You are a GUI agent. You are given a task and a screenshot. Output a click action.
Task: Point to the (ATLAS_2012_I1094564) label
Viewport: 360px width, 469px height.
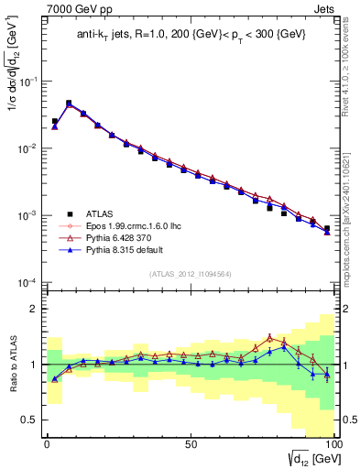point(188,273)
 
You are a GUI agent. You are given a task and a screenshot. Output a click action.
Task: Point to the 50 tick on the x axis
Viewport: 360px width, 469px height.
point(190,442)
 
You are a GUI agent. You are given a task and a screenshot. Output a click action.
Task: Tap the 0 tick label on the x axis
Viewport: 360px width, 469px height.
point(48,442)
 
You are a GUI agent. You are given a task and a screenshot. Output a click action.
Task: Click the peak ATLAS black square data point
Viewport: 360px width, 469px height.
point(69,104)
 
